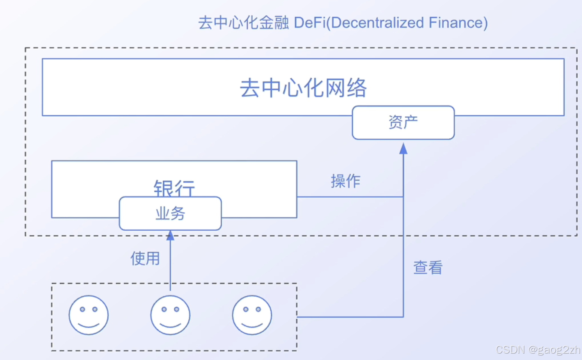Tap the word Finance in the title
[x=455, y=23]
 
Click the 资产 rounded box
[x=403, y=123]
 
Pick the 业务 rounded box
[x=170, y=213]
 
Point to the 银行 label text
[x=174, y=187]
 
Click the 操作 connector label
[x=345, y=181]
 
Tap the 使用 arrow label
[x=145, y=258]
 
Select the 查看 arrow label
[x=428, y=268]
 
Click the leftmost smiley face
[x=88, y=315]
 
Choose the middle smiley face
[x=170, y=315]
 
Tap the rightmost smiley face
[x=252, y=315]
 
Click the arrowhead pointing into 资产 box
[x=403, y=148]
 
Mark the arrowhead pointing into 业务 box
[x=170, y=235]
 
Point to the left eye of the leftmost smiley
[x=82, y=309]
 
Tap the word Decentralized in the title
[x=377, y=23]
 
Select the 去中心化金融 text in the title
[x=243, y=23]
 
